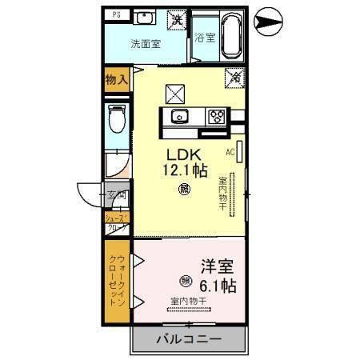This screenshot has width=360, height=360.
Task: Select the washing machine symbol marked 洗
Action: (x=174, y=18)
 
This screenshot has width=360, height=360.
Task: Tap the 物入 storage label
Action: (x=117, y=78)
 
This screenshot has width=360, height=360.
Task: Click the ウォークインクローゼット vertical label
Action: (x=117, y=281)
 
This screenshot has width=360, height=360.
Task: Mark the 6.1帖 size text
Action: (x=217, y=286)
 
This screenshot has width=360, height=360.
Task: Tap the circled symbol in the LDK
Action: (x=185, y=190)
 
